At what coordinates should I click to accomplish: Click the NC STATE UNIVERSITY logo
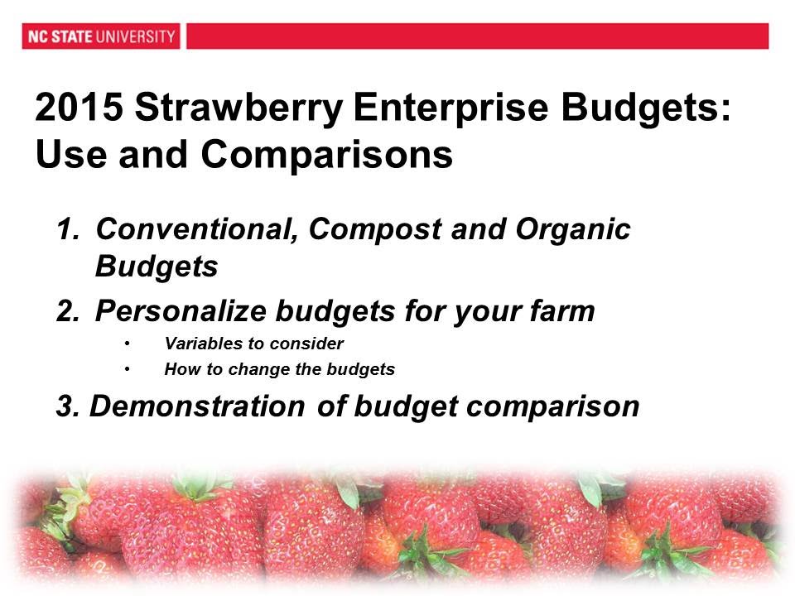click(100, 36)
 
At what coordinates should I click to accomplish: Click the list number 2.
click(70, 311)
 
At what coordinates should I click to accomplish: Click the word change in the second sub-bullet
click(249, 370)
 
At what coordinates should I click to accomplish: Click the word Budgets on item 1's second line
click(157, 267)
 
